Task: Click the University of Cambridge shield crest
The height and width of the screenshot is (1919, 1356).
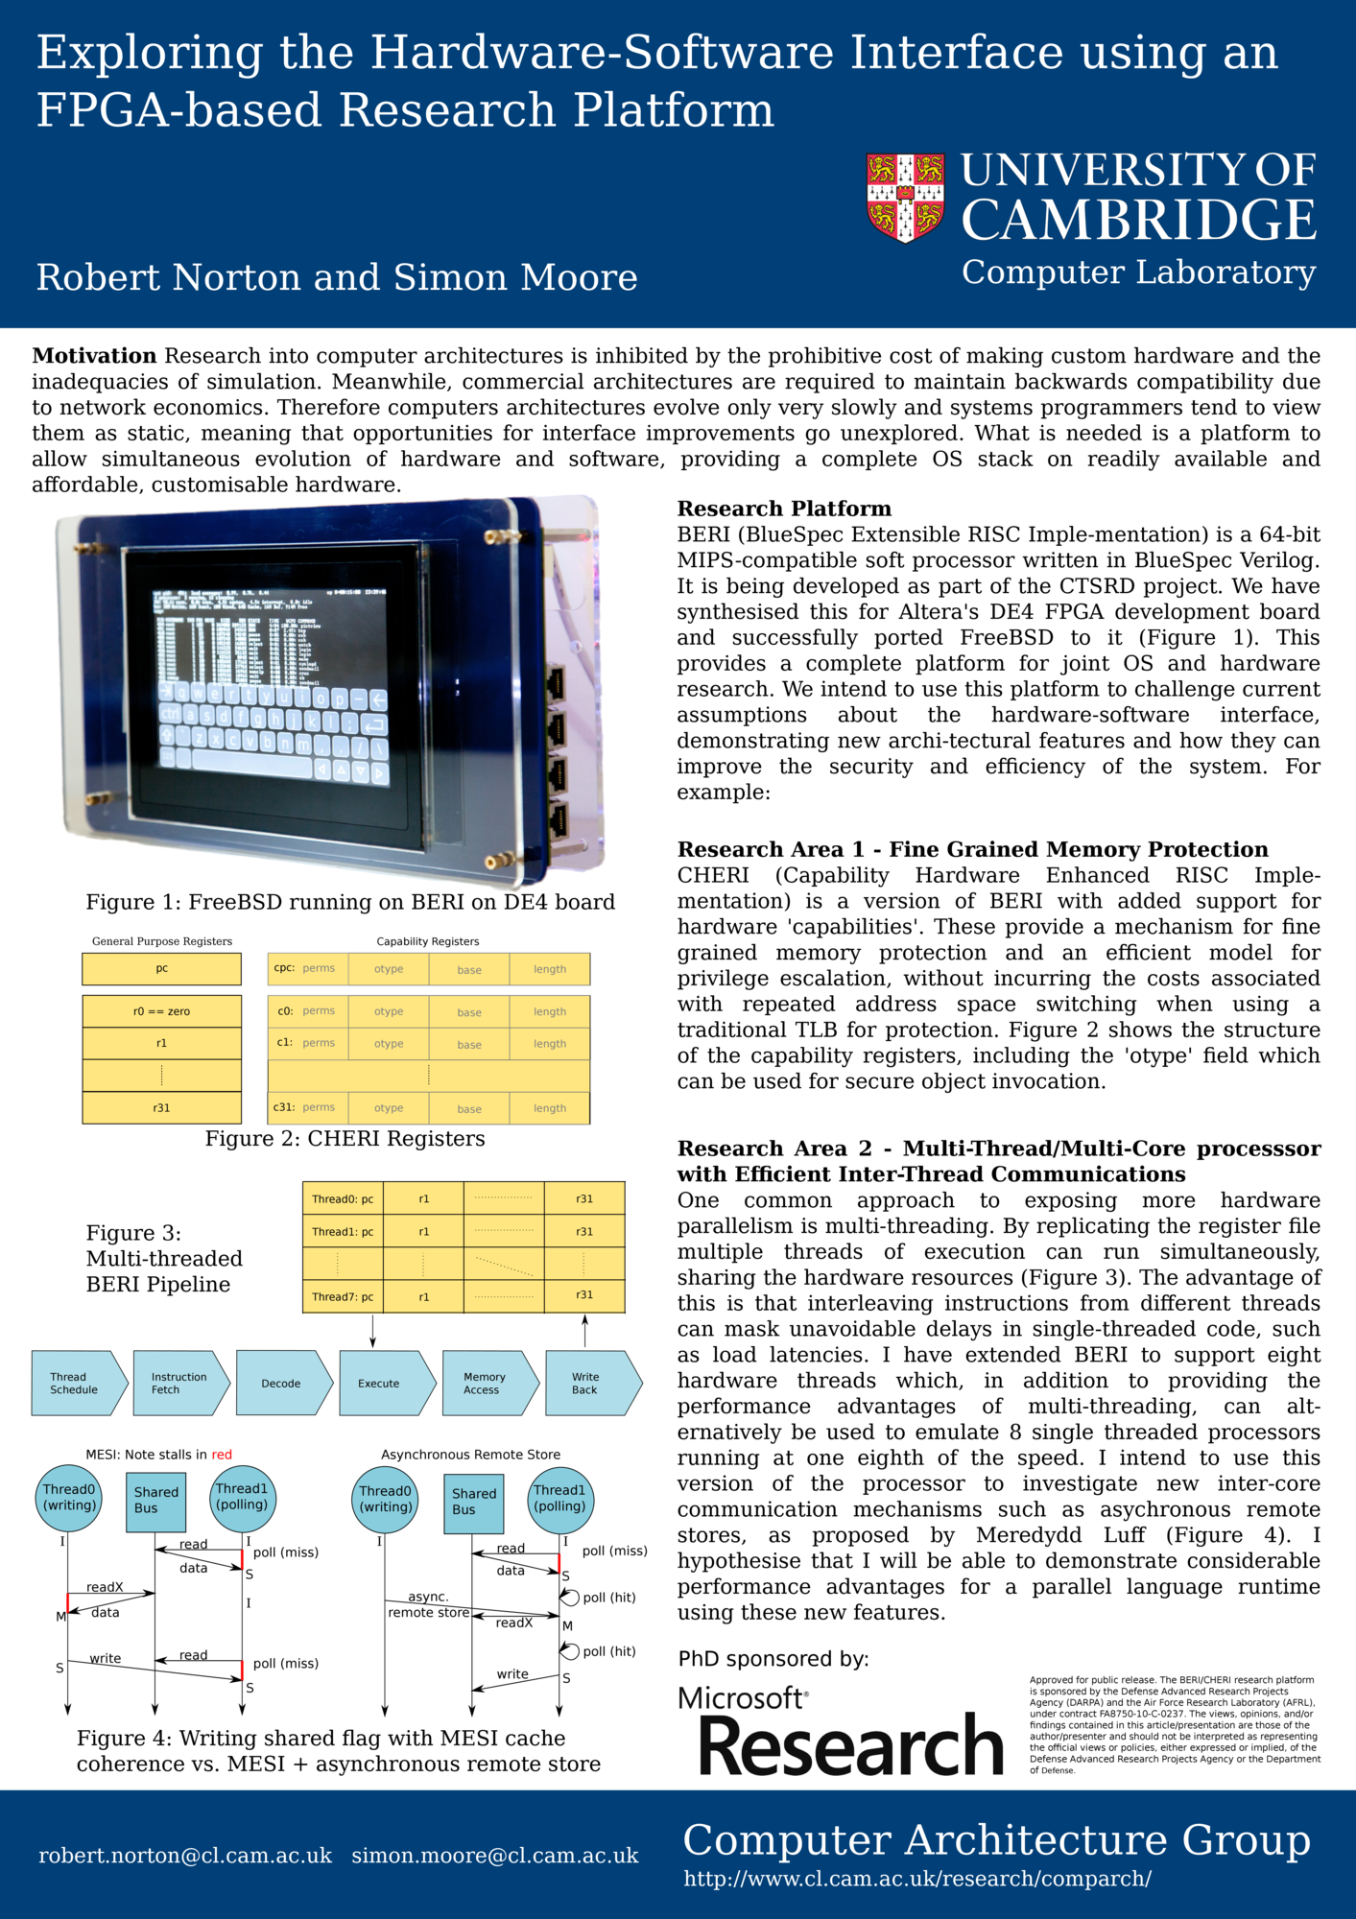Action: pyautogui.click(x=905, y=197)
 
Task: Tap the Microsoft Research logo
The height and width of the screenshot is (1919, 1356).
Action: pyautogui.click(x=841, y=1731)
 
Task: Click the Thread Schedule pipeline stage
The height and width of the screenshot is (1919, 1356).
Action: pyautogui.click(x=77, y=1384)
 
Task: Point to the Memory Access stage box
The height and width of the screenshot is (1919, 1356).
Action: pyautogui.click(x=488, y=1384)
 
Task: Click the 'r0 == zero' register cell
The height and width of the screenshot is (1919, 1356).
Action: pyautogui.click(x=161, y=1011)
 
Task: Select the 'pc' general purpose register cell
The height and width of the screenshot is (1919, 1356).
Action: pyautogui.click(x=161, y=969)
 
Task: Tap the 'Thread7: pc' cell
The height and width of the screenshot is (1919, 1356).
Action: pyautogui.click(x=343, y=1296)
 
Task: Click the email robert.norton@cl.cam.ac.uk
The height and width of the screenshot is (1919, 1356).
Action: pyautogui.click(x=185, y=1856)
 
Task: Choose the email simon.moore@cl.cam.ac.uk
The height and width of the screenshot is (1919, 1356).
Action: pyautogui.click(x=495, y=1856)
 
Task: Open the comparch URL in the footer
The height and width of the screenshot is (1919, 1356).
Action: pyautogui.click(x=917, y=1879)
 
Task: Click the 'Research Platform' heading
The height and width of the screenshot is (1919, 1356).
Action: pyautogui.click(x=784, y=509)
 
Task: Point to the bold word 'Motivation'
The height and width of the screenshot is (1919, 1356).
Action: pyautogui.click(x=94, y=356)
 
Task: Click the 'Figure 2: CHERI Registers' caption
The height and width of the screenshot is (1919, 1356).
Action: pyautogui.click(x=345, y=1139)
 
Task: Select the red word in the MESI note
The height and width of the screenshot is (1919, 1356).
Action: pyautogui.click(x=222, y=1455)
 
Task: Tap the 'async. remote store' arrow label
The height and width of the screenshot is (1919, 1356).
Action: pyautogui.click(x=428, y=1604)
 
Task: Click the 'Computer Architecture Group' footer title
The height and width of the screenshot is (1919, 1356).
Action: pyautogui.click(x=996, y=1839)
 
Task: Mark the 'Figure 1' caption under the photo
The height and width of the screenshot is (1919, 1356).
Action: pyautogui.click(x=350, y=902)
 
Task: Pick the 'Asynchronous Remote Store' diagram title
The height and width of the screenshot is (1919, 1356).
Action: pyautogui.click(x=470, y=1455)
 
